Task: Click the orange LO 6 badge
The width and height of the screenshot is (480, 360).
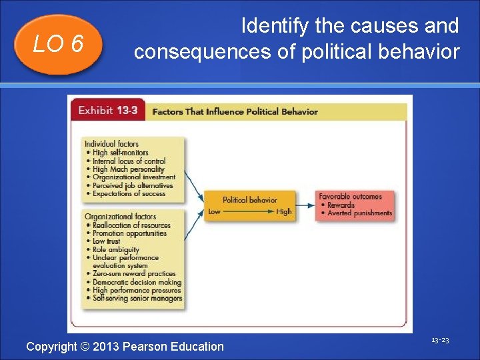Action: (x=58, y=44)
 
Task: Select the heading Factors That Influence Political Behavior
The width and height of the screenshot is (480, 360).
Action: (x=235, y=111)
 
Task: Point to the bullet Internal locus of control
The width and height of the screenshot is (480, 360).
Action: (x=129, y=161)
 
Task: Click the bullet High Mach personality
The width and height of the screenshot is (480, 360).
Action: (x=128, y=169)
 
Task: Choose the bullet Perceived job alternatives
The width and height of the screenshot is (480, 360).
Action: (x=132, y=185)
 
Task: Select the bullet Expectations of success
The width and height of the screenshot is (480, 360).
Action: (x=129, y=194)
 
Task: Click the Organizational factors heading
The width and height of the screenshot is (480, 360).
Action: (x=120, y=217)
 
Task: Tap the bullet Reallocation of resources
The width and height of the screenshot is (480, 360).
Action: (x=131, y=225)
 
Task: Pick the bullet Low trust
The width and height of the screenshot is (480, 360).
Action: (x=107, y=241)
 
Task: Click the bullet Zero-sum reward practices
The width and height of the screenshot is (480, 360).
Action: (x=134, y=273)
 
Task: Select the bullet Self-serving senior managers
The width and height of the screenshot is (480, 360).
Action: (x=137, y=298)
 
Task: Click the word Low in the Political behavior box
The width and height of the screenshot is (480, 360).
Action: (x=214, y=211)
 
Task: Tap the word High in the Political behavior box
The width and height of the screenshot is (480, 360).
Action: (x=284, y=211)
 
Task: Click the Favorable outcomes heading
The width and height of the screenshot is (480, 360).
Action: (x=350, y=197)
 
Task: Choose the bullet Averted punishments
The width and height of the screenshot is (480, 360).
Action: (x=359, y=213)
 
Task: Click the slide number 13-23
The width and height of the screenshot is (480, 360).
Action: (x=440, y=340)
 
